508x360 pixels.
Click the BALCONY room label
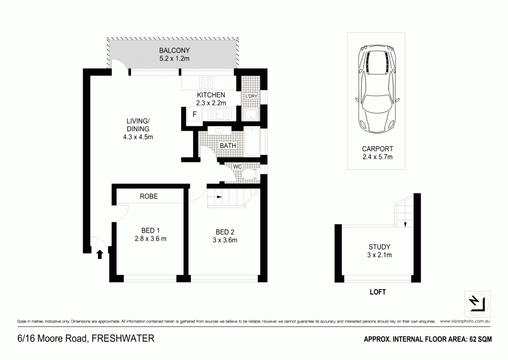coord(175,50)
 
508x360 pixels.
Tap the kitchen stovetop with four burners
coord(206,82)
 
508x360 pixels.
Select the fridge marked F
coord(194,115)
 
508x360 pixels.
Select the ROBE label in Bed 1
coord(148,197)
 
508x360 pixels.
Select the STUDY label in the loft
coord(380,247)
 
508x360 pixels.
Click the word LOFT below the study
coord(378,292)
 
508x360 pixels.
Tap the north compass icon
coord(477,302)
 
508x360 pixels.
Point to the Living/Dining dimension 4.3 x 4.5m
coord(138,137)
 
